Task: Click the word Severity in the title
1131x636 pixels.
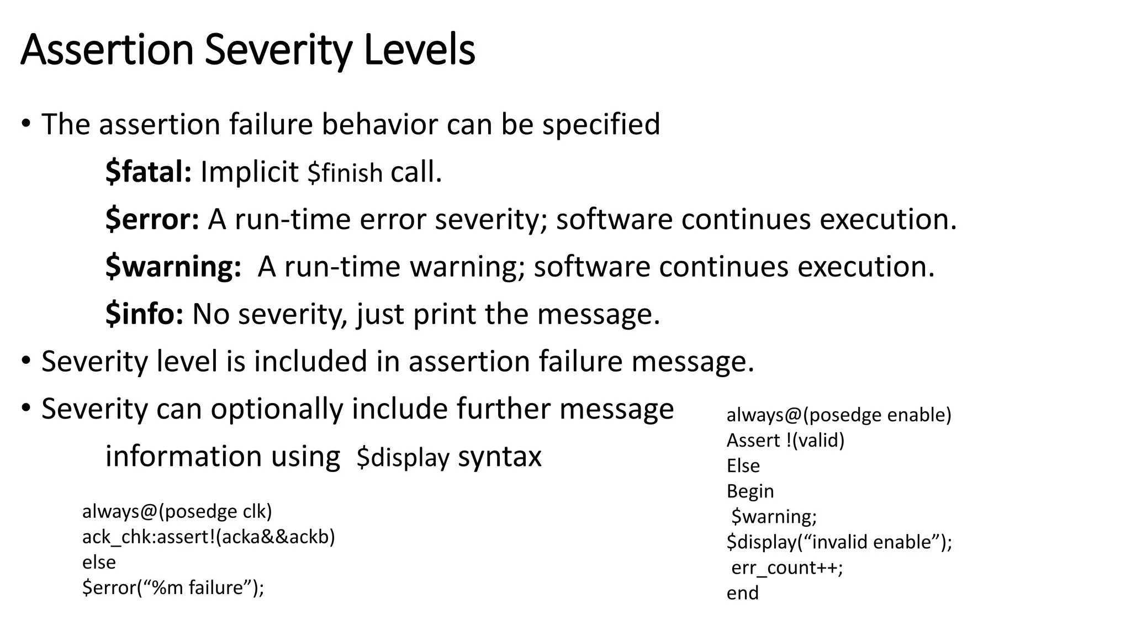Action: tap(278, 51)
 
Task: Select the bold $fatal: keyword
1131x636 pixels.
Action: tap(149, 172)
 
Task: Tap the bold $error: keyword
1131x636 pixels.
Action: tap(152, 220)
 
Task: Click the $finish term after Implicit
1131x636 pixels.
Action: tap(345, 173)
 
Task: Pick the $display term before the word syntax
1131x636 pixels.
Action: tap(403, 458)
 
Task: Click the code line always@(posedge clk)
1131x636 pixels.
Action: tap(177, 512)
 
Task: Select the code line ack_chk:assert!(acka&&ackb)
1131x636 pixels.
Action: tap(209, 537)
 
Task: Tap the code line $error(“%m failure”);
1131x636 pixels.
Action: tap(173, 588)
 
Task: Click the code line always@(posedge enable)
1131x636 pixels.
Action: tap(839, 415)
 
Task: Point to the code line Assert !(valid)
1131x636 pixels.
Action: tap(785, 441)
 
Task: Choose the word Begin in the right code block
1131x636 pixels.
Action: tap(750, 491)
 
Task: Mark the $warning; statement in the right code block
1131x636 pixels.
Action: tap(774, 517)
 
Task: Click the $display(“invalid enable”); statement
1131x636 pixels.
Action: tap(839, 542)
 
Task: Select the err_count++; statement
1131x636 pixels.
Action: tap(787, 568)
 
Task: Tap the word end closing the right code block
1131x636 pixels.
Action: tap(742, 593)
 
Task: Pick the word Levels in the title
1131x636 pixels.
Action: tap(420, 51)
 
